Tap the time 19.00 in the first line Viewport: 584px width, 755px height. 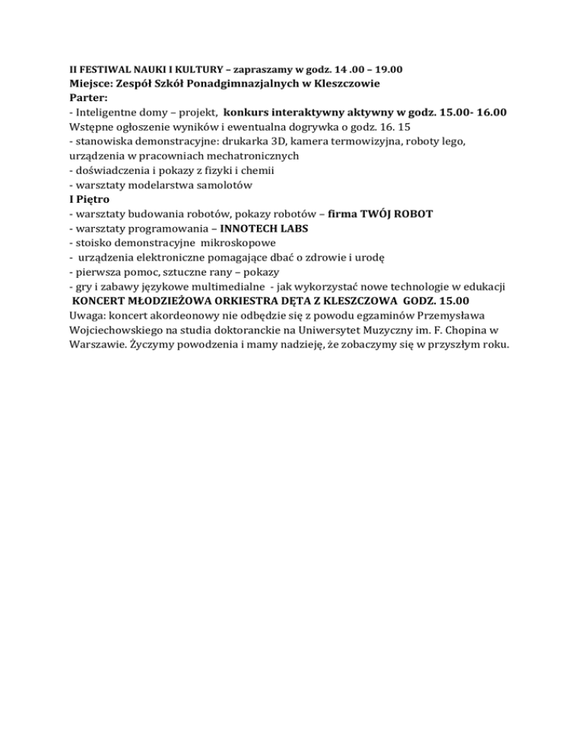click(386, 70)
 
